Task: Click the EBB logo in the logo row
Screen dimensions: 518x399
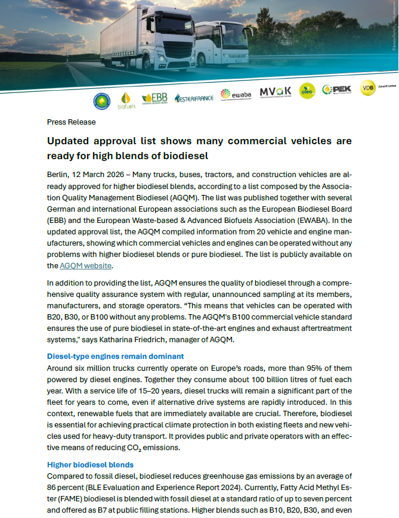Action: pos(154,98)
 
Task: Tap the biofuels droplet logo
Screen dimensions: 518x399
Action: pos(126,99)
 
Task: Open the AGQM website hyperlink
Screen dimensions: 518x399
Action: pos(86,266)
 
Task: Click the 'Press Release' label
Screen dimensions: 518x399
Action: pos(71,122)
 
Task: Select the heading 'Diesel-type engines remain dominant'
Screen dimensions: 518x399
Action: pos(115,356)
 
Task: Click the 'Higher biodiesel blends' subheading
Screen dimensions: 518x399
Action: pos(90,464)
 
